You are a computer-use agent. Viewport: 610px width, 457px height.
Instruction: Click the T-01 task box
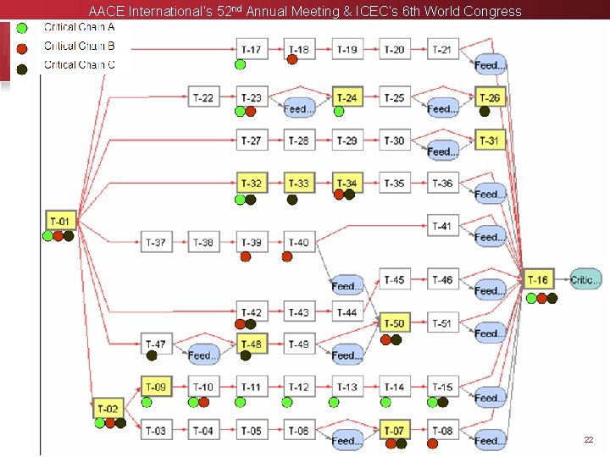click(x=60, y=221)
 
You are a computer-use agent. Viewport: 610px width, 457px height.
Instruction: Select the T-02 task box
click(x=108, y=409)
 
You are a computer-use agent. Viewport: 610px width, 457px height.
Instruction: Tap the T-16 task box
click(x=538, y=279)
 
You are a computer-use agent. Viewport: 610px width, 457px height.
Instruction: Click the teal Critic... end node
click(x=585, y=279)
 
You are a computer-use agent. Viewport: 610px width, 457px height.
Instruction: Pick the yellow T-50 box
click(x=394, y=323)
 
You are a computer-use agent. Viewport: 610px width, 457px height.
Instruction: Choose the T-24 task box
click(x=347, y=97)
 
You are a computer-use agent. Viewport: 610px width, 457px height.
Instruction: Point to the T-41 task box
click(x=441, y=226)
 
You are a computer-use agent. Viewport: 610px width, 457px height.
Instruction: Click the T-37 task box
click(x=155, y=243)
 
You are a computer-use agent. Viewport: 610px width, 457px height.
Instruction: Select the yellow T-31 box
click(x=490, y=140)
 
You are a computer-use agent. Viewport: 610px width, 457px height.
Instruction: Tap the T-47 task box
click(x=155, y=344)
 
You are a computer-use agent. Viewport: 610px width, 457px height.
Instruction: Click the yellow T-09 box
click(x=156, y=388)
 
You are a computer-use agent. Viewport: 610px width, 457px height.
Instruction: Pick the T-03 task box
click(x=155, y=430)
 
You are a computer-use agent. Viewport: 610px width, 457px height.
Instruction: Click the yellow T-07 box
click(x=394, y=430)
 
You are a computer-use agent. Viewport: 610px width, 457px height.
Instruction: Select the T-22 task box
click(x=202, y=97)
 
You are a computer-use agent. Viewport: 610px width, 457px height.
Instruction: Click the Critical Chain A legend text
click(x=80, y=27)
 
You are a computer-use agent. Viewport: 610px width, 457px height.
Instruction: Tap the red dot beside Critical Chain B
click(x=23, y=47)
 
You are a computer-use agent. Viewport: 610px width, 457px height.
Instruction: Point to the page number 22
click(x=588, y=440)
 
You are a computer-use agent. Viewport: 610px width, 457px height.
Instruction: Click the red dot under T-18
click(x=292, y=59)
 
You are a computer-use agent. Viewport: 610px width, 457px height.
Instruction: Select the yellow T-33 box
click(x=299, y=183)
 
